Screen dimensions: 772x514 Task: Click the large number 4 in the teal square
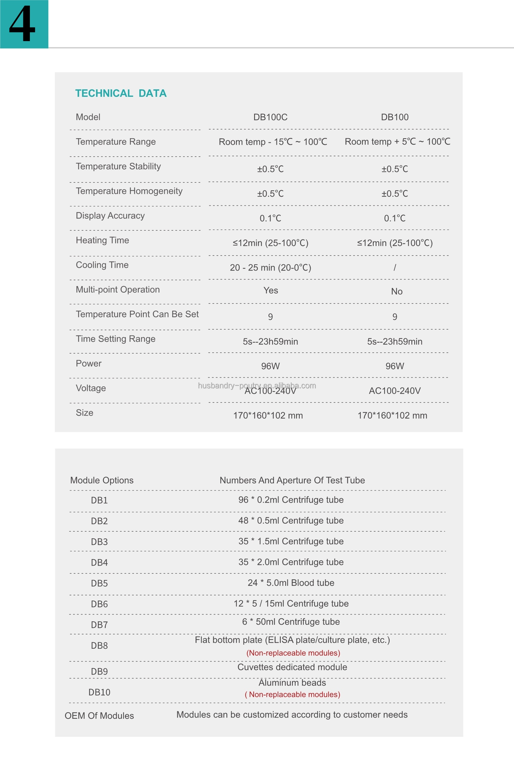pyautogui.click(x=22, y=24)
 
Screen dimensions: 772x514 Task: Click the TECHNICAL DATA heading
pyautogui.click(x=121, y=93)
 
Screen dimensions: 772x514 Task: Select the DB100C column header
pyautogui.click(x=270, y=117)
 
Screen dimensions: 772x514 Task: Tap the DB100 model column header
pyautogui.click(x=394, y=117)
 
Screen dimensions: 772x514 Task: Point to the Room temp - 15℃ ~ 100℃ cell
pyautogui.click(x=273, y=142)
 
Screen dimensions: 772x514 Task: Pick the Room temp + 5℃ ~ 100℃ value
pyautogui.click(x=397, y=141)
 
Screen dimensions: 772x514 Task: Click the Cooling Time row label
pyautogui.click(x=102, y=265)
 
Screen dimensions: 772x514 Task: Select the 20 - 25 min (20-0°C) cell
pyautogui.click(x=270, y=268)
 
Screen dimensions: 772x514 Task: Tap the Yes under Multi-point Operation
pyautogui.click(x=271, y=290)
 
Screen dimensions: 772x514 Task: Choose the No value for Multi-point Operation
pyautogui.click(x=396, y=291)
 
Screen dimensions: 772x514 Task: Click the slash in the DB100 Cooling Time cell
pyautogui.click(x=395, y=268)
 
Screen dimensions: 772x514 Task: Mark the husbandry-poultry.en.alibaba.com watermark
pyautogui.click(x=257, y=385)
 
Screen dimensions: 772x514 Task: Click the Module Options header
pyautogui.click(x=102, y=480)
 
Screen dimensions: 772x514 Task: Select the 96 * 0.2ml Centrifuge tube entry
pyautogui.click(x=291, y=500)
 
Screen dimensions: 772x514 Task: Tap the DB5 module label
pyautogui.click(x=99, y=583)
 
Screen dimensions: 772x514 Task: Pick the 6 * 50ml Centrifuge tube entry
pyautogui.click(x=291, y=622)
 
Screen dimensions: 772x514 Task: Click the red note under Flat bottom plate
pyautogui.click(x=293, y=653)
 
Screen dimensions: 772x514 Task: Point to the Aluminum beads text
pyautogui.click(x=292, y=683)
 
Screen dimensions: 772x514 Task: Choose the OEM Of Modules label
pyautogui.click(x=99, y=716)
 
